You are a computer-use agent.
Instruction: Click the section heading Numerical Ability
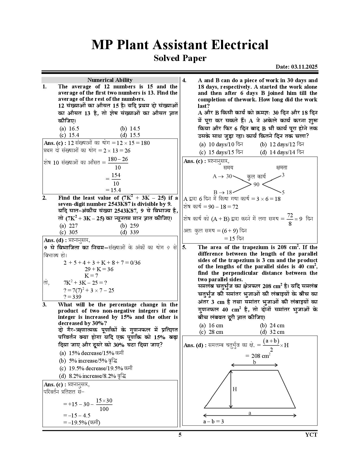110,80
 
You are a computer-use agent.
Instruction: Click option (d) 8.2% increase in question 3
92,376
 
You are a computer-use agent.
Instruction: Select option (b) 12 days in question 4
282,144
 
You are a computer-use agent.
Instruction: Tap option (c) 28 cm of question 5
211,332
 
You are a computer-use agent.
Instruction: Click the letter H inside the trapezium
235,389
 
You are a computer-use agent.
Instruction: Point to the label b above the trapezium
254,362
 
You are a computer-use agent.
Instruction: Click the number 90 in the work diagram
256,184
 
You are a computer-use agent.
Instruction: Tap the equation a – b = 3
213,421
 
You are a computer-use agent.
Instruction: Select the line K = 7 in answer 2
91,275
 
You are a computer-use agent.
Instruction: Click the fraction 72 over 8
290,219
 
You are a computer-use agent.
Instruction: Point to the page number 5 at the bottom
180,435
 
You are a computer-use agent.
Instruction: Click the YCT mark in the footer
311,435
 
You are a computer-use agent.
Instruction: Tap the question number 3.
45,304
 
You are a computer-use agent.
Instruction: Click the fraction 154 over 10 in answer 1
116,179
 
